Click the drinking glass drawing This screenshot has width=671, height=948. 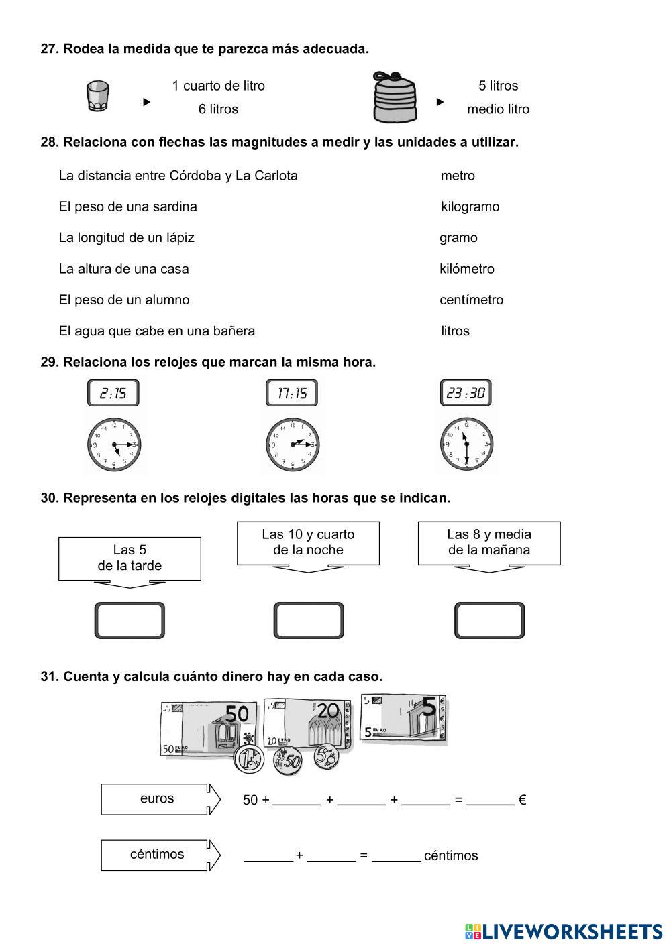pyautogui.click(x=98, y=97)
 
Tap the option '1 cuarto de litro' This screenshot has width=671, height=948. pyautogui.click(x=218, y=86)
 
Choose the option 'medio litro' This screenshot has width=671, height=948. pyautogui.click(x=498, y=109)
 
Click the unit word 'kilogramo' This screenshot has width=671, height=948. pyautogui.click(x=470, y=206)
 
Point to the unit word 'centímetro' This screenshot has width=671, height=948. pyautogui.click(x=471, y=300)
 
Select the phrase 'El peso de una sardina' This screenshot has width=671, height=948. pyautogui.click(x=127, y=206)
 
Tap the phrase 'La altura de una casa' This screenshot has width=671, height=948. pyautogui.click(x=123, y=269)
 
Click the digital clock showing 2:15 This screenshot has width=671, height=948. pyautogui.click(x=113, y=393)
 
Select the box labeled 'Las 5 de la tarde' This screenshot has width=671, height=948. pyautogui.click(x=130, y=558)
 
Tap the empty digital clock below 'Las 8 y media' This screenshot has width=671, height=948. pyautogui.click(x=489, y=620)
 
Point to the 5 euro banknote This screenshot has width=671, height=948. pyautogui.click(x=403, y=719)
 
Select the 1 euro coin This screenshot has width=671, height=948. pyautogui.click(x=248, y=760)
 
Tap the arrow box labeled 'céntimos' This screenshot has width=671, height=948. pyautogui.click(x=160, y=855)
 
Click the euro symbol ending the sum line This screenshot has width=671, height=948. pyautogui.click(x=522, y=799)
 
